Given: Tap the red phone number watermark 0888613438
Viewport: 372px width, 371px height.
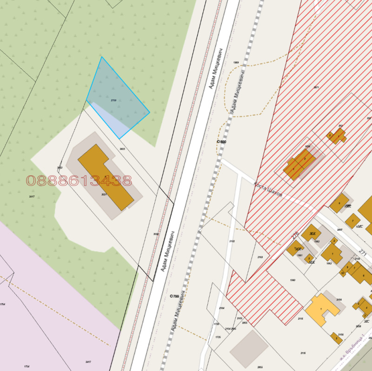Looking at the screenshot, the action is pyautogui.click(x=79, y=180).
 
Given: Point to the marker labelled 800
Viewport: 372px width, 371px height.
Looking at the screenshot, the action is pyautogui.click(x=221, y=141).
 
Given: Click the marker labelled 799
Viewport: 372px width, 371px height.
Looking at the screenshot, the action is pyautogui.click(x=174, y=296).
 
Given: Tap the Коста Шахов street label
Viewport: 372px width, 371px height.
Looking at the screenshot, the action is pyautogui.click(x=268, y=190).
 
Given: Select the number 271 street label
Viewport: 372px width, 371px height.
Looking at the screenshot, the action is pyautogui.click(x=363, y=253).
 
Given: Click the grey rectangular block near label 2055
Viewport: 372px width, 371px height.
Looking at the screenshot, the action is pyautogui.click(x=249, y=349).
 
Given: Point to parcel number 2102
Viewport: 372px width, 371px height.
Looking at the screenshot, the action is pyautogui.click(x=232, y=241).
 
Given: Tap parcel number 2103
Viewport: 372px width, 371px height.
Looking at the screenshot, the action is pyautogui.click(x=260, y=257).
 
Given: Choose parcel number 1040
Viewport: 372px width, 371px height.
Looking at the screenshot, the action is pyautogui.click(x=292, y=280).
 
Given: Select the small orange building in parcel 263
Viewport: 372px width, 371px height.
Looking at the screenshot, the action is pyautogui.click(x=337, y=136).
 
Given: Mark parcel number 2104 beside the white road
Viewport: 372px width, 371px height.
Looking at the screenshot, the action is pyautogui.click(x=222, y=308).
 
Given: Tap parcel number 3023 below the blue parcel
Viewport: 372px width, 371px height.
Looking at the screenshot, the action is pyautogui.click(x=122, y=149).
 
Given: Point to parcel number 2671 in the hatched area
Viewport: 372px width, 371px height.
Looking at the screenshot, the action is pyautogui.click(x=316, y=87).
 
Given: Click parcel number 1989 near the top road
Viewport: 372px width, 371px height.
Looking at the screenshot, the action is pyautogui.click(x=236, y=62).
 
